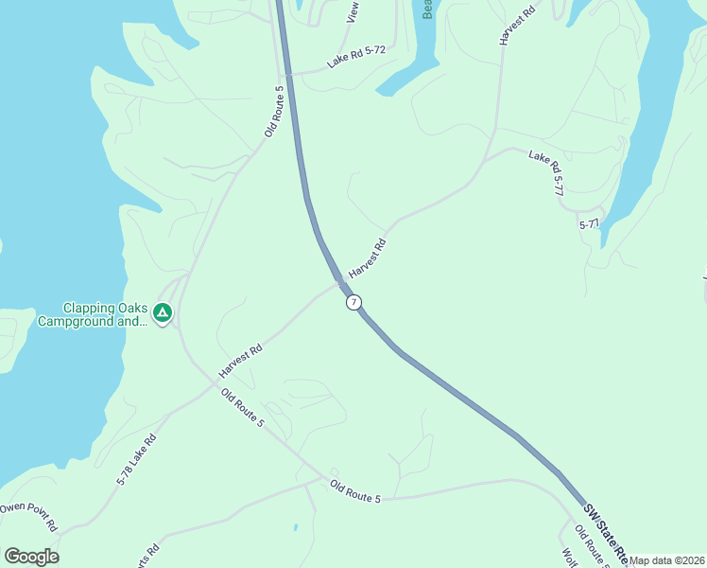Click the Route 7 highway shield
pos(353,302)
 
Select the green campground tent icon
pos(163,312)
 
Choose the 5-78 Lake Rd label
pos(135,460)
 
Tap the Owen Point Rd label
pos(28,516)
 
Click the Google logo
pos(32,556)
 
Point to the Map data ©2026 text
pos(666,560)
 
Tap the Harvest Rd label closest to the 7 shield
pos(367,257)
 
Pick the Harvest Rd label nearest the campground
pos(239,360)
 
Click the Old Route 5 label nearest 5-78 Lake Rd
pos(242,407)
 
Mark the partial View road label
pos(353,11)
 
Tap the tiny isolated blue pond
pos(296,526)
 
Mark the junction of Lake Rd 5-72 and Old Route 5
pos(285,73)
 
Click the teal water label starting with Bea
pos(427,9)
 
